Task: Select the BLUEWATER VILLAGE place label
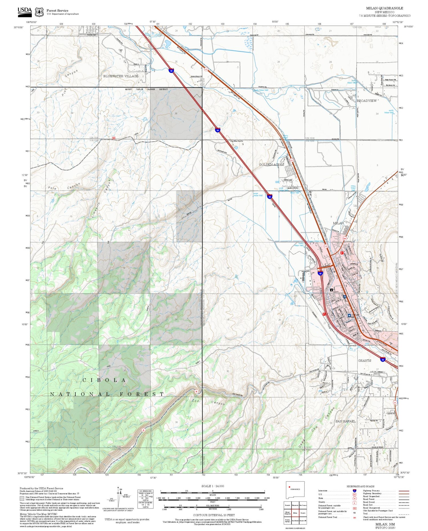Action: click(121, 76)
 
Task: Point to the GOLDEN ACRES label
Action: click(271, 165)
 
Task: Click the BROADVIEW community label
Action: click(366, 101)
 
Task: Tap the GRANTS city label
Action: click(364, 360)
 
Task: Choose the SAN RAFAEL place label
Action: click(345, 421)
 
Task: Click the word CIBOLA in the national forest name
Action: click(104, 380)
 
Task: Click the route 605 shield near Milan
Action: click(345, 239)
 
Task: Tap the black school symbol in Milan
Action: click(331, 290)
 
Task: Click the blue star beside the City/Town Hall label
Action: click(349, 315)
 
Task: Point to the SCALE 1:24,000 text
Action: click(213, 486)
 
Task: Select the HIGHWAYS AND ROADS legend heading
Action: click(360, 486)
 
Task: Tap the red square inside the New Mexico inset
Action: click(289, 487)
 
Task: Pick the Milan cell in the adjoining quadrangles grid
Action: click(295, 513)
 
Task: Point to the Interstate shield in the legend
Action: click(354, 491)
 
